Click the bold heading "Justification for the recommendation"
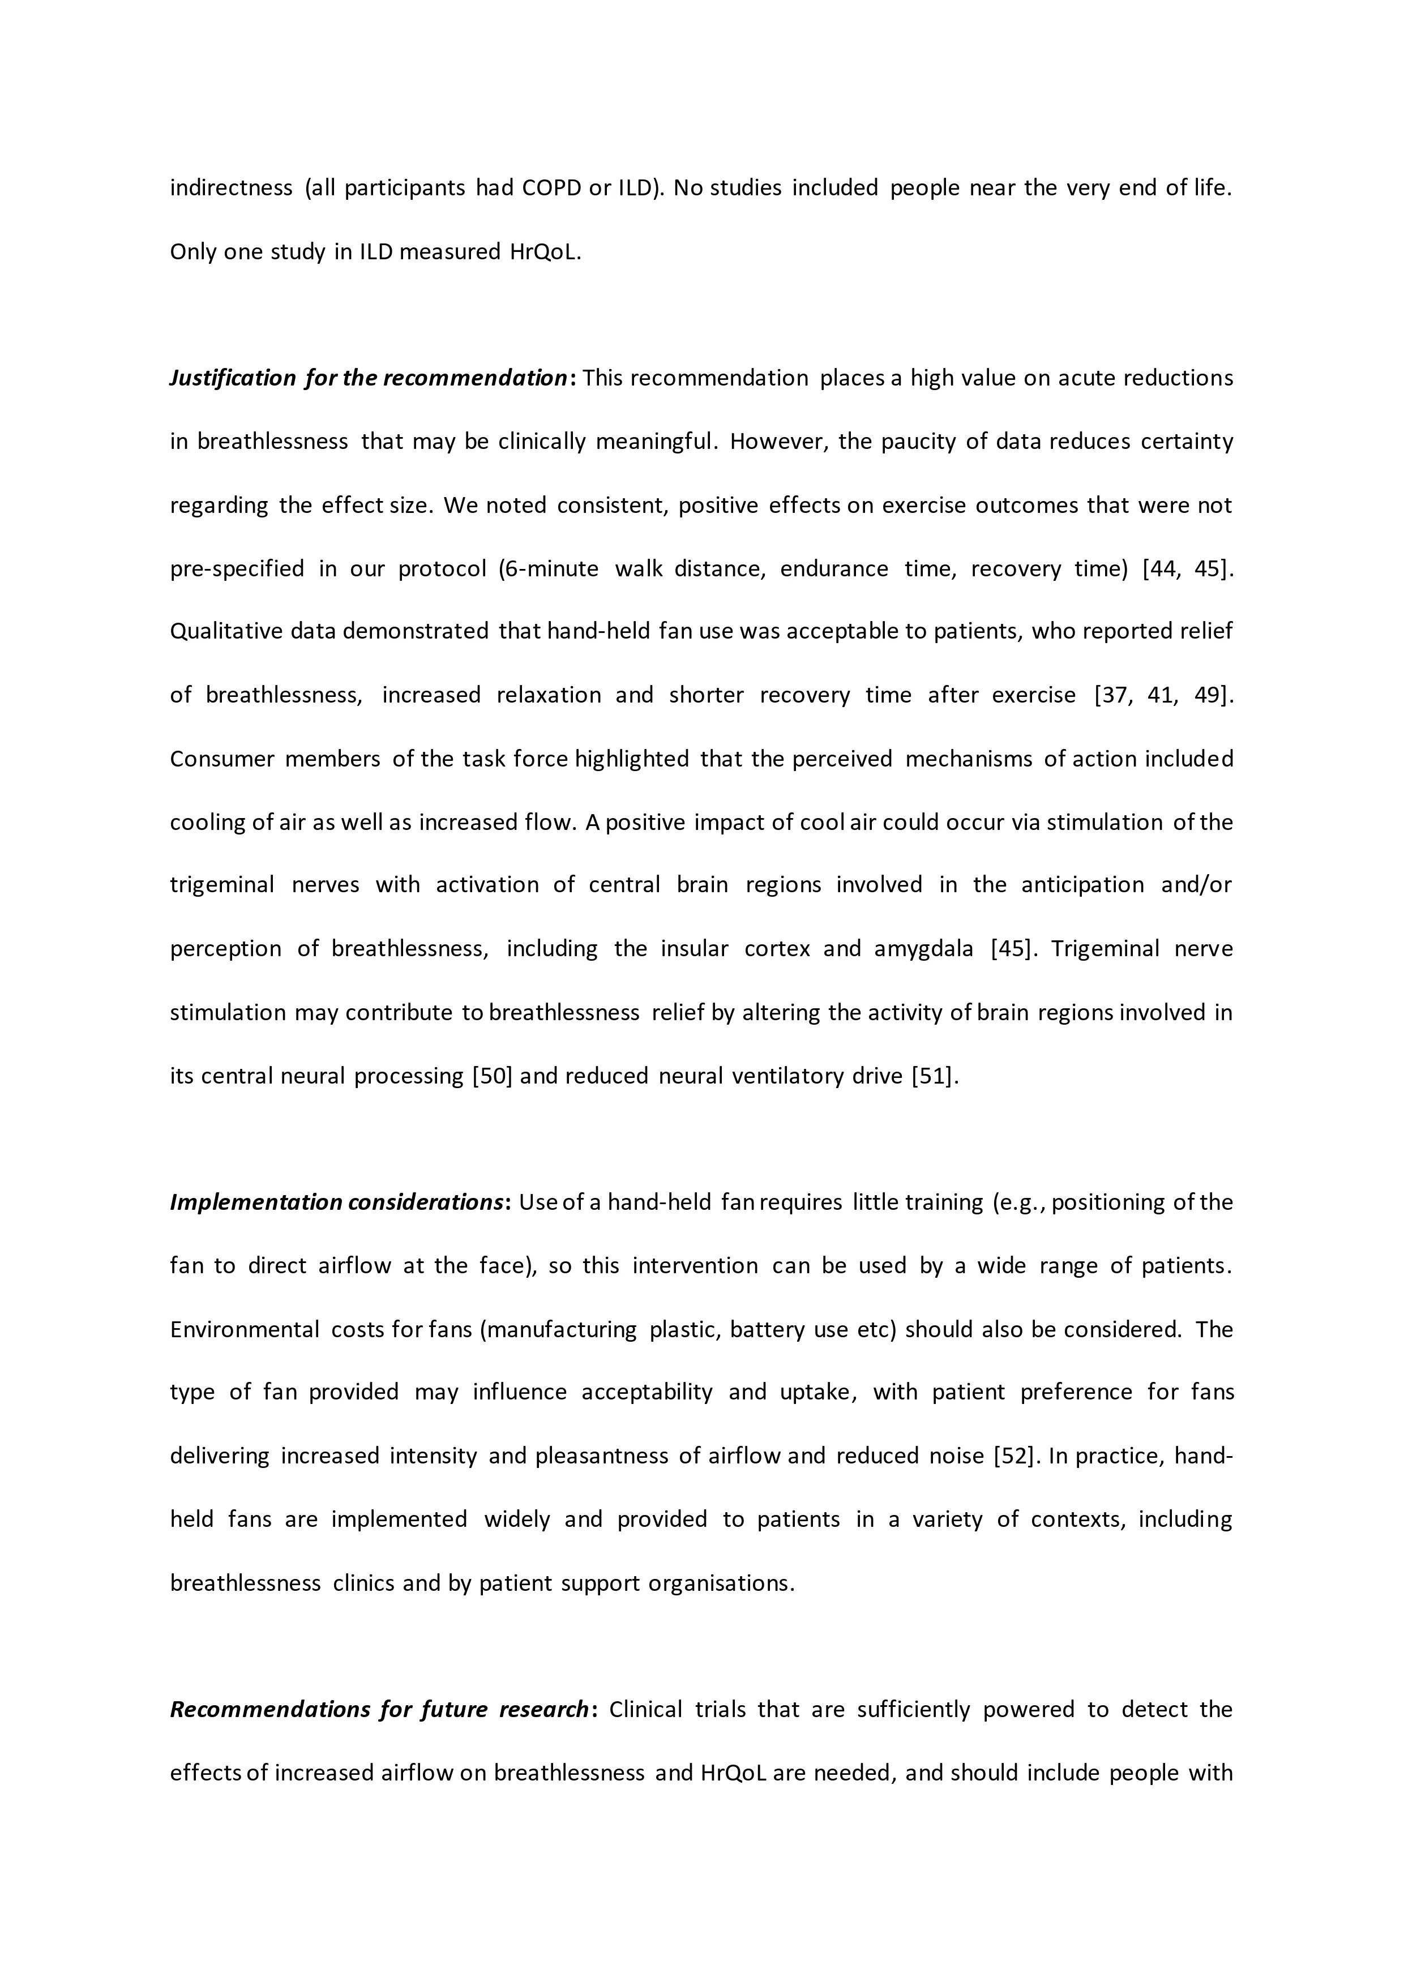(367, 378)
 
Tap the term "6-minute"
(551, 568)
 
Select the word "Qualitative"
(225, 631)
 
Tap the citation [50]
(492, 1076)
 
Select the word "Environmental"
(245, 1329)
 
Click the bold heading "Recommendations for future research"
(379, 1709)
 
